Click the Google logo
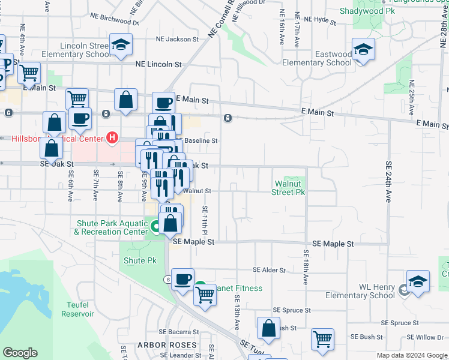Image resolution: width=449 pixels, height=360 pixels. pos(20,353)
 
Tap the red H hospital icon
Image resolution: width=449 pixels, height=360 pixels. pos(112,139)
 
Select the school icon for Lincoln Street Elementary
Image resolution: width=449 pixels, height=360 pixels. pos(121,44)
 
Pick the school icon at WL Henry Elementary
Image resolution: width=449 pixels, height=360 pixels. pos(418,281)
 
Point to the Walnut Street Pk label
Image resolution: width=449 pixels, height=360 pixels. pos(289,188)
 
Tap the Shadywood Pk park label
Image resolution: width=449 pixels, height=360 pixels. pos(367,11)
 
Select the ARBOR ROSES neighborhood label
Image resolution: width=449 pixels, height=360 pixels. pos(167,345)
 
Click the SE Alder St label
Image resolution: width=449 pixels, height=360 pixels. pos(269,271)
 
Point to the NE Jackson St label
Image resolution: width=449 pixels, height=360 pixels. pos(177,39)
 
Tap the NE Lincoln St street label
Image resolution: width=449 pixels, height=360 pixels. pos(158,64)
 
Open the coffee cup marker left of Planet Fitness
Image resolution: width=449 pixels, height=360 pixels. pos(182,278)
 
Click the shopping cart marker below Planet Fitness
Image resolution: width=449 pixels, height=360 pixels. pos(205,295)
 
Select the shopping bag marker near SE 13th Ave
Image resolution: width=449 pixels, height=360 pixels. pos(268,328)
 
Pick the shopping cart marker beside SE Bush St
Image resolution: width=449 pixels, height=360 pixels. pos(322,338)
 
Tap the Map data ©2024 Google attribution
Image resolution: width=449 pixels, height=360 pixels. pos(411,355)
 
